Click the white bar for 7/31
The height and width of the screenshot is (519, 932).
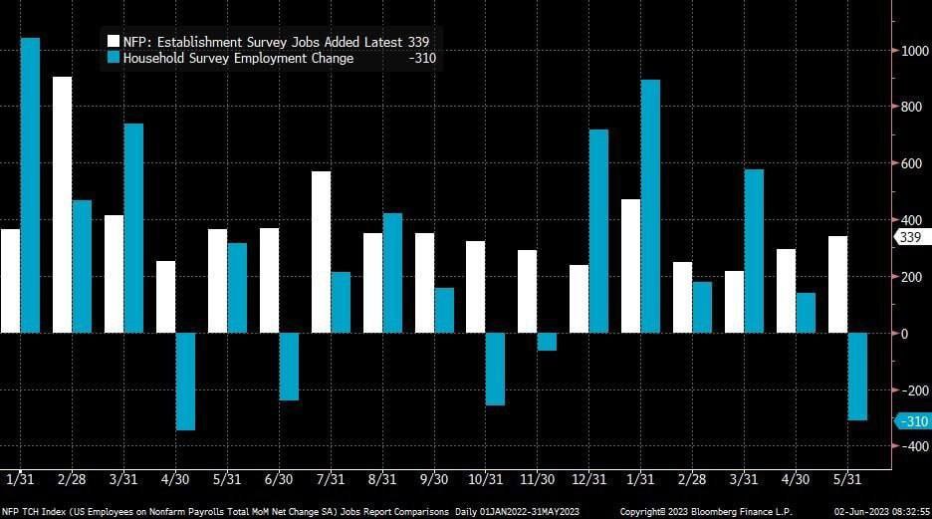[x=321, y=252]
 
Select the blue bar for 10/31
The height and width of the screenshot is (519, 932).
[x=495, y=369]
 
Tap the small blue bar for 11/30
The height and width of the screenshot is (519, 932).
[x=547, y=342]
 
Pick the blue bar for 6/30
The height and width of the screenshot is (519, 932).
[x=289, y=367]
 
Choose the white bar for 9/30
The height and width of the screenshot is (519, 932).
[x=424, y=283]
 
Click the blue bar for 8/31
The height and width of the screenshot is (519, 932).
[x=392, y=273]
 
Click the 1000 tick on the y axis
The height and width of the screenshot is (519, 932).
[x=912, y=51]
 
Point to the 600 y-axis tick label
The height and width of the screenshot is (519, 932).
[x=910, y=163]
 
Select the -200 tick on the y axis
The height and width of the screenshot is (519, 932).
[x=910, y=389]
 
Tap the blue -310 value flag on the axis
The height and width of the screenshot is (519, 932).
[x=912, y=421]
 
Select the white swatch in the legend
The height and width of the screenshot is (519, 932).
[x=113, y=41]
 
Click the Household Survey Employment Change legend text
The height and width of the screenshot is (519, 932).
[x=238, y=58]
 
